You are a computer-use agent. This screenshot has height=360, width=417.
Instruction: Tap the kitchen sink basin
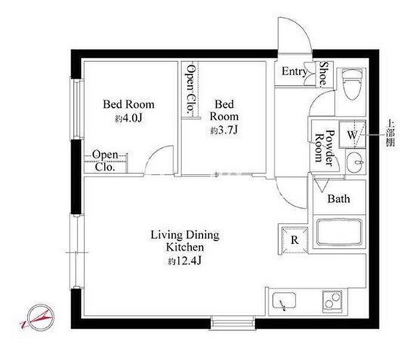284,300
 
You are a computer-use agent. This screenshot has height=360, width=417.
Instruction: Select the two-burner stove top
332,302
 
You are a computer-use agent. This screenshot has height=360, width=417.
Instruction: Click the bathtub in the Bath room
339,232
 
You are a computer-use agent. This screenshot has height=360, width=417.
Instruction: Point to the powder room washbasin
356,161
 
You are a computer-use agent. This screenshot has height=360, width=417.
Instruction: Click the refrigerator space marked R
294,240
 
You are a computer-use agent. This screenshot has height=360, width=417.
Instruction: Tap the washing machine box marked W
353,134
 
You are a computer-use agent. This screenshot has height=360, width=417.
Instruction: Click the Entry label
295,71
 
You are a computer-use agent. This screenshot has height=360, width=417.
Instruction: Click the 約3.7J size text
224,130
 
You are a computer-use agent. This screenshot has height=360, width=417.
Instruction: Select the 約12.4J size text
185,261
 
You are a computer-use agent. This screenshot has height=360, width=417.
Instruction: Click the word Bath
338,199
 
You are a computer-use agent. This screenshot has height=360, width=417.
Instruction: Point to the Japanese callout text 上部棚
390,133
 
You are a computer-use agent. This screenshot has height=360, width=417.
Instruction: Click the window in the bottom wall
233,322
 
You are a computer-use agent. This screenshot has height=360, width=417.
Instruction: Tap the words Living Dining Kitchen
185,241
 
